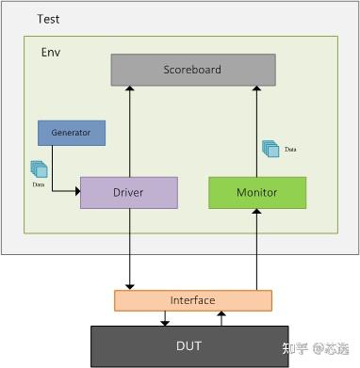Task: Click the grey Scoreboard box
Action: pos(193,70)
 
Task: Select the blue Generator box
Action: pos(71,133)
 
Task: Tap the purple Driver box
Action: pos(128,192)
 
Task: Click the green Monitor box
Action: pos(256,192)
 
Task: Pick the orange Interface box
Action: pos(192,300)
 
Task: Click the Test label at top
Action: pos(49,19)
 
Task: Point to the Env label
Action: pos(51,52)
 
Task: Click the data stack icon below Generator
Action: pos(39,168)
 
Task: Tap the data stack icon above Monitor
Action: pos(270,149)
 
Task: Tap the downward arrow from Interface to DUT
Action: pos(165,318)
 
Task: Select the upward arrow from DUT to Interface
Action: pos(221,318)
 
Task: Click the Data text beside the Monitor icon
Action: pos(290,150)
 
